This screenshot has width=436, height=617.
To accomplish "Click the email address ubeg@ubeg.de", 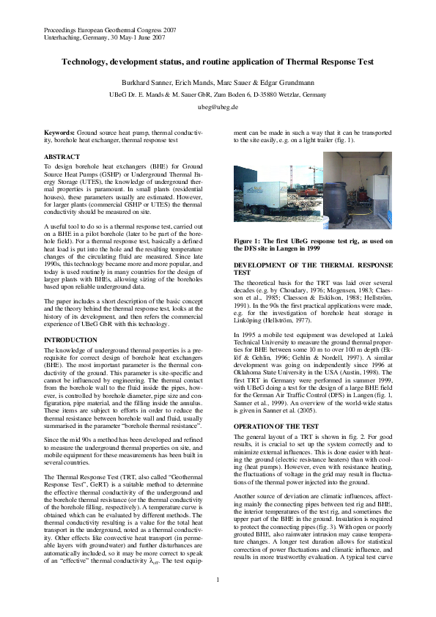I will pos(218,107).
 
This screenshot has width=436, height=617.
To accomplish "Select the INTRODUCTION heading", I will pos(71,340).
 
